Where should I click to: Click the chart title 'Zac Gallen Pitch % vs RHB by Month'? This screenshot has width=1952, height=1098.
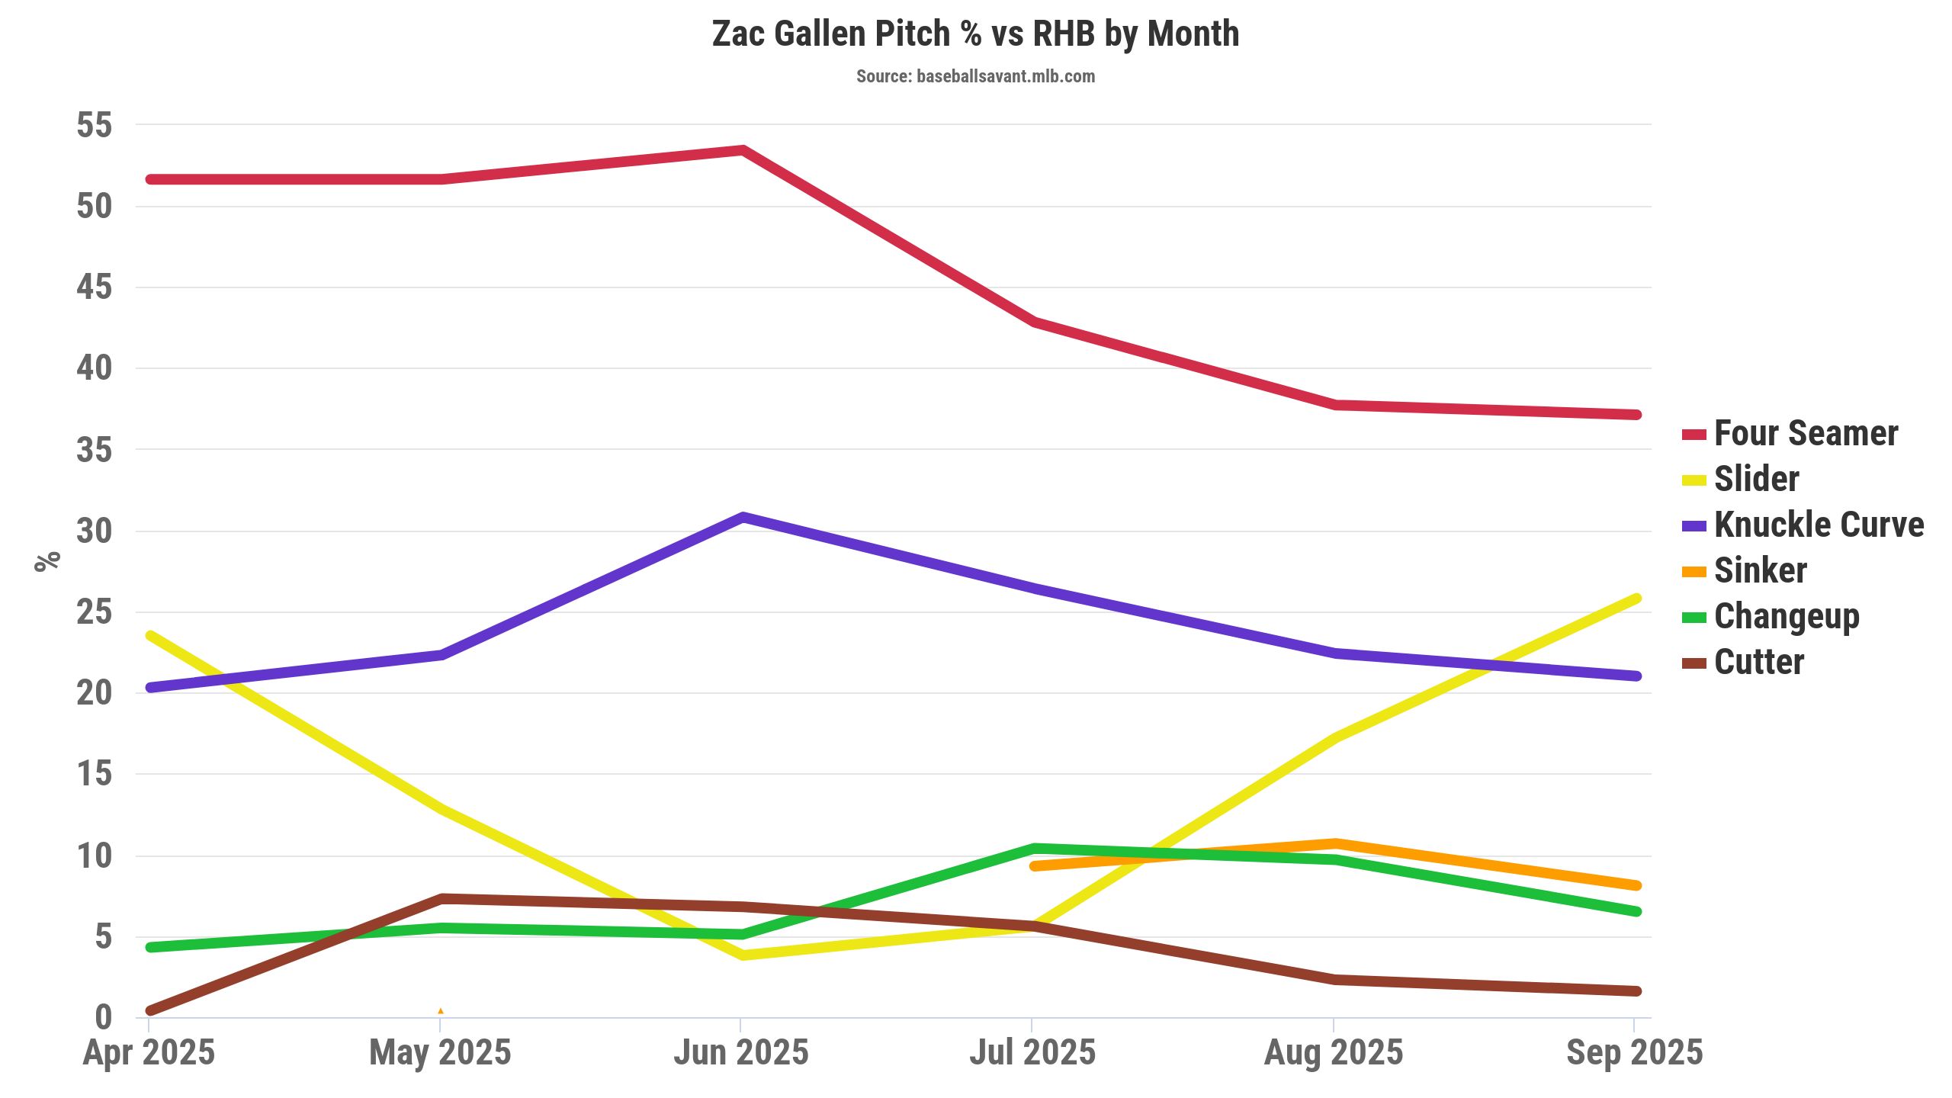tap(975, 34)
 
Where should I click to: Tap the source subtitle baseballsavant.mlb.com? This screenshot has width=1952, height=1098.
tap(975, 76)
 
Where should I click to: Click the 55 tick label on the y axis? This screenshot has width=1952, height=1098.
tap(94, 125)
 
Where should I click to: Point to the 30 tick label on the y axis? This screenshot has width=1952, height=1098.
tap(94, 531)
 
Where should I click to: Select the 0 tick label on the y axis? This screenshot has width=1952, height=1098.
tap(103, 1017)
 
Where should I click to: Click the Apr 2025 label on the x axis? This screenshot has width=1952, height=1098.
tap(149, 1053)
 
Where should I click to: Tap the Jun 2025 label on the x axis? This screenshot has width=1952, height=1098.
tap(740, 1053)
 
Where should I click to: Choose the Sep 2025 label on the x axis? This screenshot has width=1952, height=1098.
tap(1634, 1053)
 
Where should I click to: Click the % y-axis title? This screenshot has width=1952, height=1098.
tap(47, 560)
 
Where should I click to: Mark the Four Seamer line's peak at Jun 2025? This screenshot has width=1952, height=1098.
tap(742, 150)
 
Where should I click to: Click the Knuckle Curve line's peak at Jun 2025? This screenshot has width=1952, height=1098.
tap(742, 517)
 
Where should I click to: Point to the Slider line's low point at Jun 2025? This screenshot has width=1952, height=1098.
tap(742, 955)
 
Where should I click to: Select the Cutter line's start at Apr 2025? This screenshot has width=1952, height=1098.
tap(150, 1011)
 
